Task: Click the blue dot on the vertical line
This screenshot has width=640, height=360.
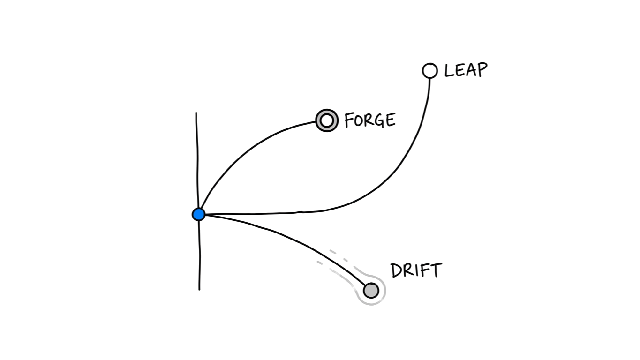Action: [x=199, y=214]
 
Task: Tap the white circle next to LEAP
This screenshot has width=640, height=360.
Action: [x=429, y=71]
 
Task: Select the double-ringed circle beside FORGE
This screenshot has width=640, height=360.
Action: [x=327, y=120]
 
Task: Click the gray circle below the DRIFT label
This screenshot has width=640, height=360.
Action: [x=371, y=291]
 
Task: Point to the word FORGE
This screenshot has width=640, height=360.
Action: [x=370, y=120]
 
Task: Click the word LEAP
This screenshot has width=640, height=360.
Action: [x=466, y=70]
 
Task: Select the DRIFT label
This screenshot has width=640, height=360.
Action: [x=416, y=270]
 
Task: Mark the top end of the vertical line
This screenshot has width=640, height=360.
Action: [x=196, y=113]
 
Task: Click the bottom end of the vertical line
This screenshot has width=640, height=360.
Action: [x=199, y=289]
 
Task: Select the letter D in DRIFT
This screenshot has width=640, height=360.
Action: [x=397, y=271]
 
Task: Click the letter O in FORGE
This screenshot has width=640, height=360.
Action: [x=358, y=120]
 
